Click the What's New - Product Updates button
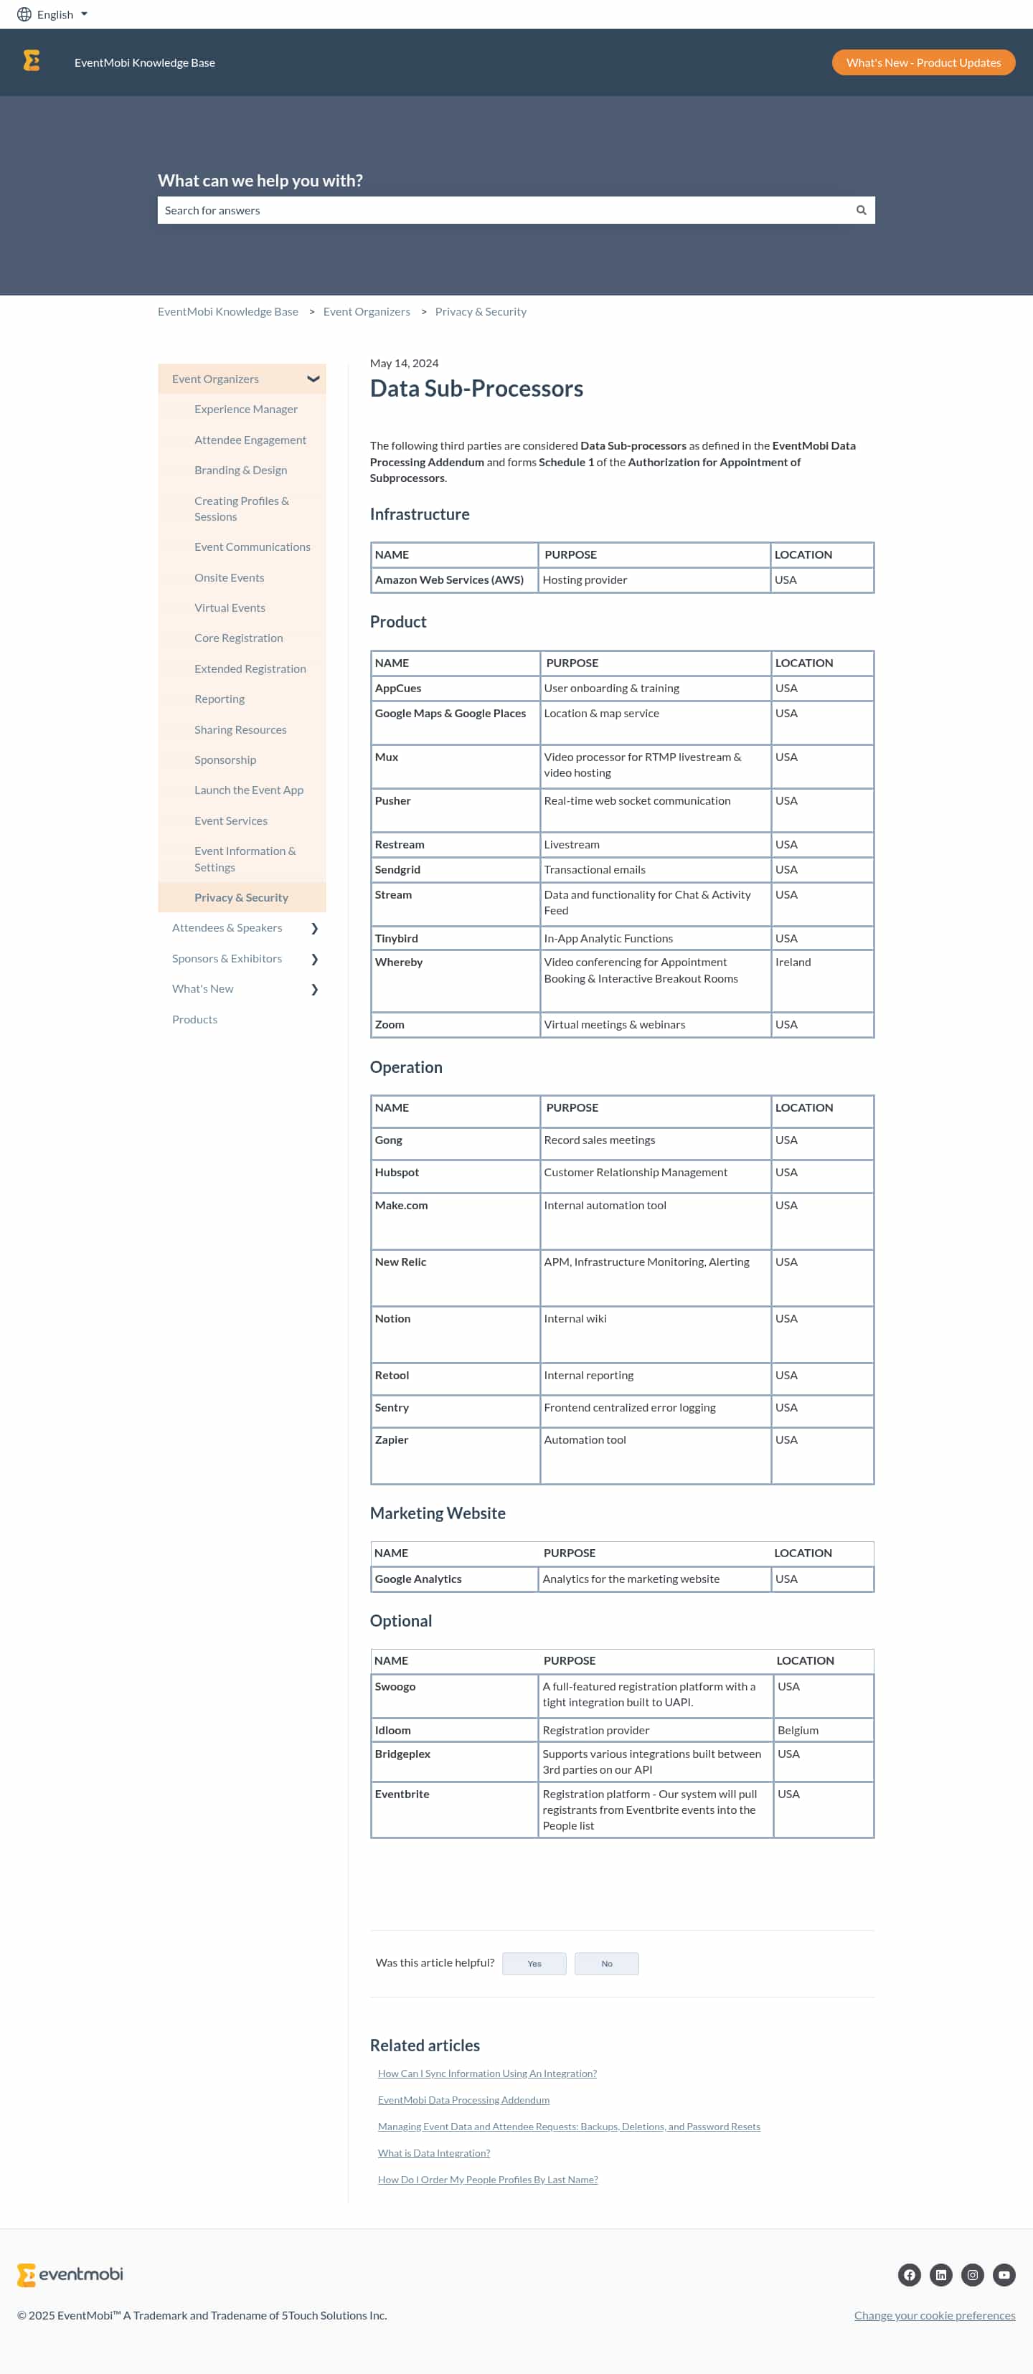(923, 62)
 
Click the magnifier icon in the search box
(861, 210)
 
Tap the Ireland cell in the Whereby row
(793, 962)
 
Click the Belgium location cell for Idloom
(797, 1730)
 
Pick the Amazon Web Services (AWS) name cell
(449, 580)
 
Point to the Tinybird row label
(396, 938)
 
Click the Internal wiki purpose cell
(575, 1319)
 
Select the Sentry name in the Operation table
(392, 1407)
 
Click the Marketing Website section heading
(437, 1513)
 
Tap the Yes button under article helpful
(534, 1963)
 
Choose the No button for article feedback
(606, 1963)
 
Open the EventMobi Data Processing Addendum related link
(463, 2099)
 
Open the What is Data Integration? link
(433, 2153)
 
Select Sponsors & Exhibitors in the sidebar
(227, 958)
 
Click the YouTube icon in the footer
(1004, 2274)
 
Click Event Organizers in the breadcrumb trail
(366, 311)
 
